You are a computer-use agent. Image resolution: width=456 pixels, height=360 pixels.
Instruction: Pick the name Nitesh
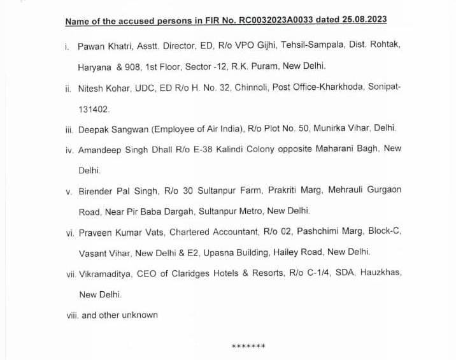coord(91,89)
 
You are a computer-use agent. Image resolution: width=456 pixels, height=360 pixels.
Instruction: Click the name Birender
coord(96,191)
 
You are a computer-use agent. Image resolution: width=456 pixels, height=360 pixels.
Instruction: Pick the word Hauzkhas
coord(380,273)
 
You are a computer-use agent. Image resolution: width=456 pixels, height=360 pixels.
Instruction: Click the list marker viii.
coord(71,315)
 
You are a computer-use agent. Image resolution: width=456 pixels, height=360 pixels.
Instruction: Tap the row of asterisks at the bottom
coord(248,347)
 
